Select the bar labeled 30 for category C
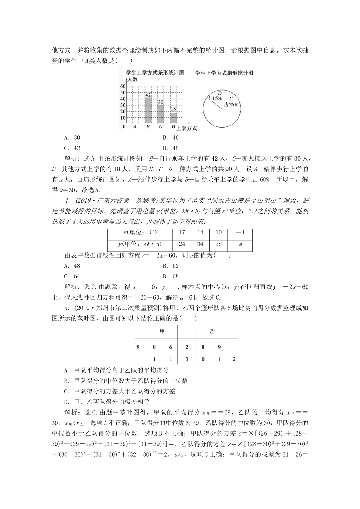[161, 114]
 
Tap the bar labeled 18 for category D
[173, 118]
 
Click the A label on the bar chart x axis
[135, 127]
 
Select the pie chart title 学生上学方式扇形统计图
[224, 73]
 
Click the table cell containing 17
[182, 233]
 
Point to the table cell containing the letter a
[240, 244]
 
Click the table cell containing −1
[240, 233]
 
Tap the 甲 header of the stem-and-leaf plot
[162, 331]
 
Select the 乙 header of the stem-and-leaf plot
[212, 331]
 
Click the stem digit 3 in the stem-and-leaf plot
[186, 359]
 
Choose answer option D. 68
[171, 276]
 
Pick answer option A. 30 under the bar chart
[72, 138]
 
